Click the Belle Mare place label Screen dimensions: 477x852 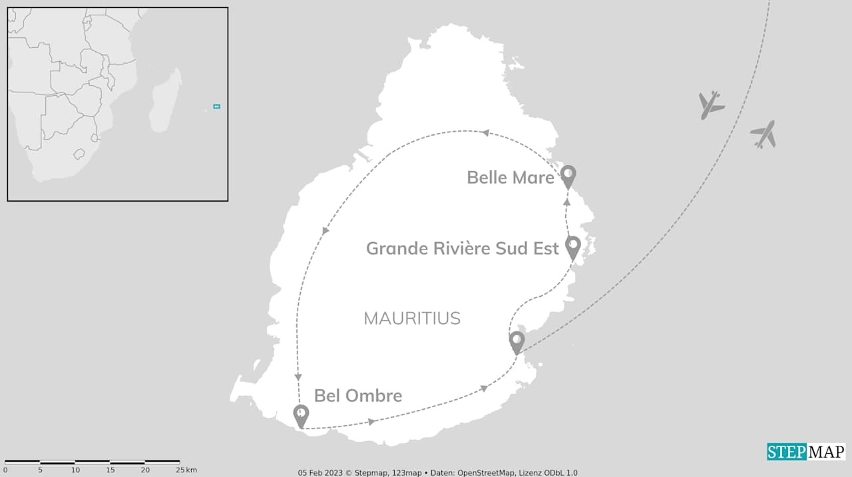tap(510, 178)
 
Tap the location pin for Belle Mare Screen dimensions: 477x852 tap(568, 176)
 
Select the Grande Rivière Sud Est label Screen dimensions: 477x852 tap(462, 248)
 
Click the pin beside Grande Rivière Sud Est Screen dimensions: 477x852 tap(572, 247)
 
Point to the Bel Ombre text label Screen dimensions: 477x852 tap(357, 396)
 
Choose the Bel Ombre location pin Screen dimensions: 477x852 tap(301, 416)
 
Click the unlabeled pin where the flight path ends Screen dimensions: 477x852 tap(517, 342)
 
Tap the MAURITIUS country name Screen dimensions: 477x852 tap(412, 318)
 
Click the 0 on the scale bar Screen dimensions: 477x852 tap(5, 470)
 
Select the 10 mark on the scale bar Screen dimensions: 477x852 tap(75, 470)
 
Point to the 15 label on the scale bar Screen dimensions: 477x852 tap(110, 470)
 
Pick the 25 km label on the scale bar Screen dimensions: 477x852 tap(185, 470)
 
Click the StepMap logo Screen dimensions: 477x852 tap(805, 452)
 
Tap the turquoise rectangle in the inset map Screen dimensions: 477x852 tap(216, 106)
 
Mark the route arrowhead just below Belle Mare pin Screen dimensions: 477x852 tap(567, 200)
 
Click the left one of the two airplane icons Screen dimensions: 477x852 tap(711, 105)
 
